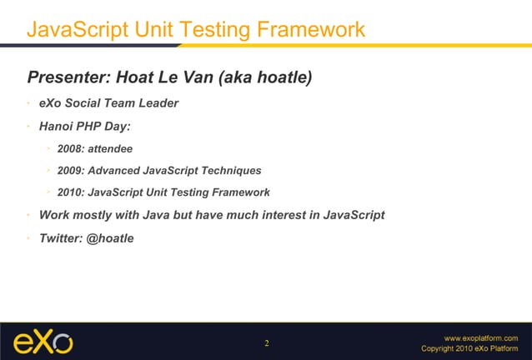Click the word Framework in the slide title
312,30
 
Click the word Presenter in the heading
68,78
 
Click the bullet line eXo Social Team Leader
108,104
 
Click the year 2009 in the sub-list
71,171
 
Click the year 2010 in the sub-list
71,192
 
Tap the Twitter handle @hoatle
110,237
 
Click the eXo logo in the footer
43,341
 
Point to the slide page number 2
267,343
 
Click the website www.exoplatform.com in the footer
486,337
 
